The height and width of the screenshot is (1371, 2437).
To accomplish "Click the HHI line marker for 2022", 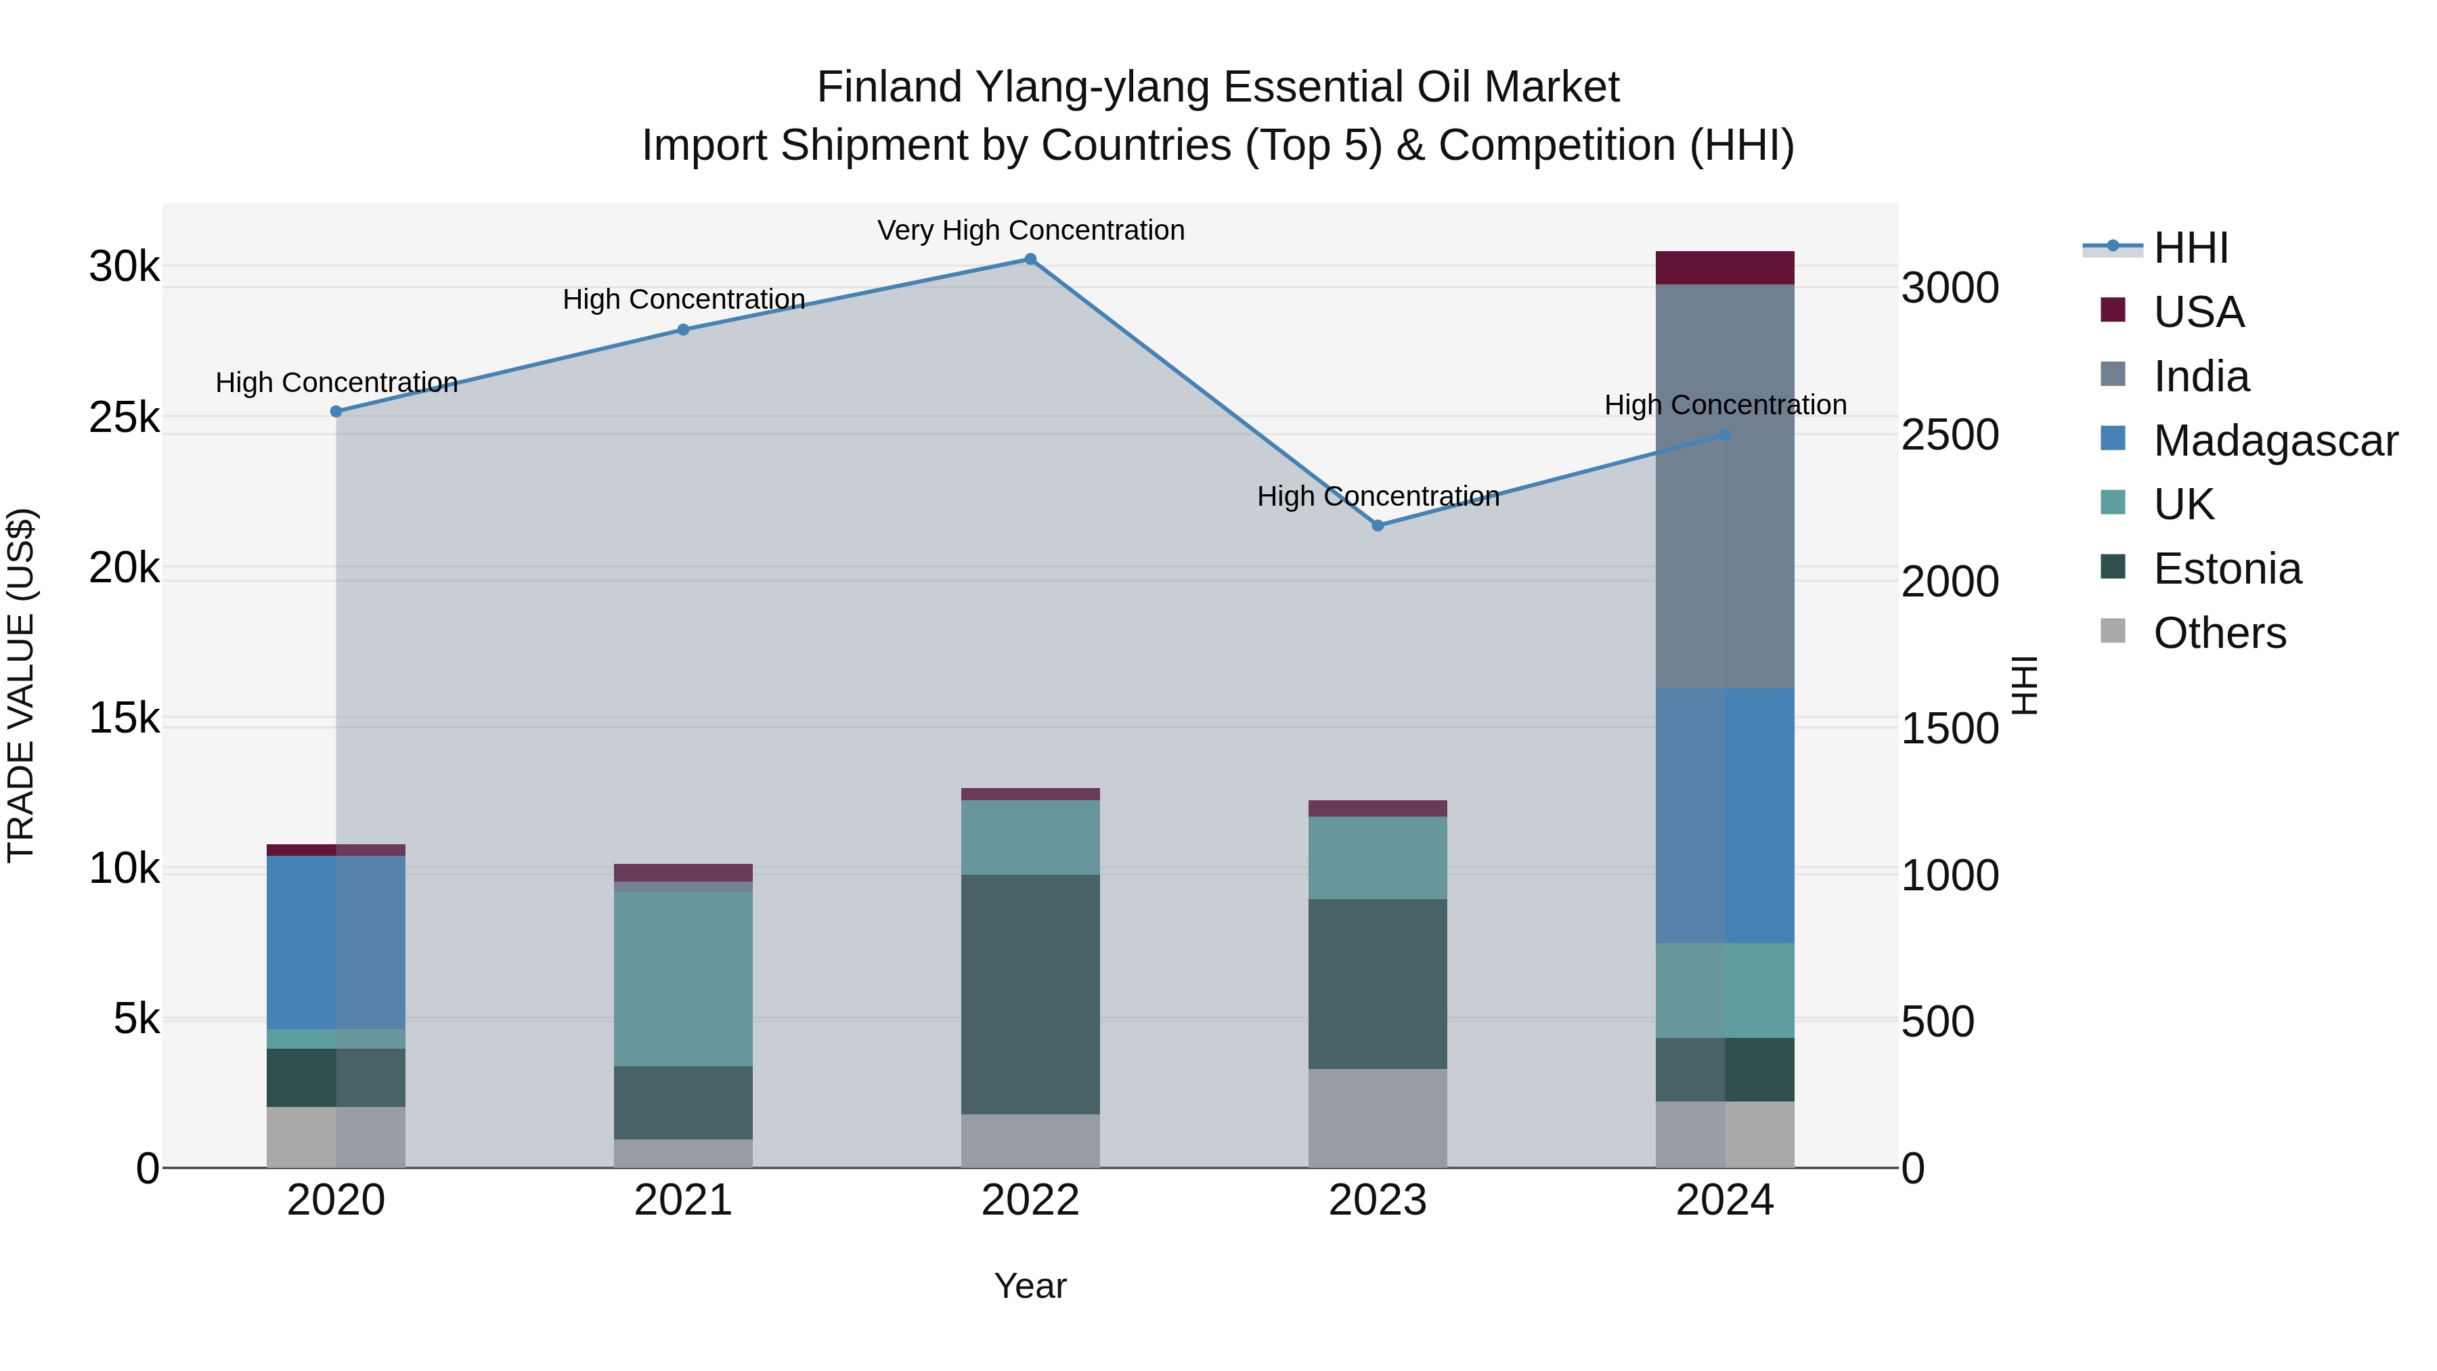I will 1030,259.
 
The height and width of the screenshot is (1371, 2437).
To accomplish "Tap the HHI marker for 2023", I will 1378,525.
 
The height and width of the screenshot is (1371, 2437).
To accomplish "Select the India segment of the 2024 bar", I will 1725,485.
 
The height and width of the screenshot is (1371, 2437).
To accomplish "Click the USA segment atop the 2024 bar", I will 1725,267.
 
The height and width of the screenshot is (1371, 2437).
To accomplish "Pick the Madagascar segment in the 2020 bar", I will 336,942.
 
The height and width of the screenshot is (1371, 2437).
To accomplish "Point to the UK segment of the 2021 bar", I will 683,978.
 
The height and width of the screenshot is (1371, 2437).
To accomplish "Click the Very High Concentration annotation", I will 1030,230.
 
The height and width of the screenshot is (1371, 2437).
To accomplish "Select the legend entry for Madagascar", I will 2275,440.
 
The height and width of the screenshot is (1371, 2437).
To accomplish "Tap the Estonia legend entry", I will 2227,569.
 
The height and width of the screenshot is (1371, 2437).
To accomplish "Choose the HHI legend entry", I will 2190,248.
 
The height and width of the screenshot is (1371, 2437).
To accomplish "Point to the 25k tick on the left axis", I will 124,417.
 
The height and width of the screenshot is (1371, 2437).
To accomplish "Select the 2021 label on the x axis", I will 683,1200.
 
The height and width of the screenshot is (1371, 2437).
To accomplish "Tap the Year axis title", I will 1030,1286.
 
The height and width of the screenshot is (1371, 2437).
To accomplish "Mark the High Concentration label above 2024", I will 1725,405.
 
